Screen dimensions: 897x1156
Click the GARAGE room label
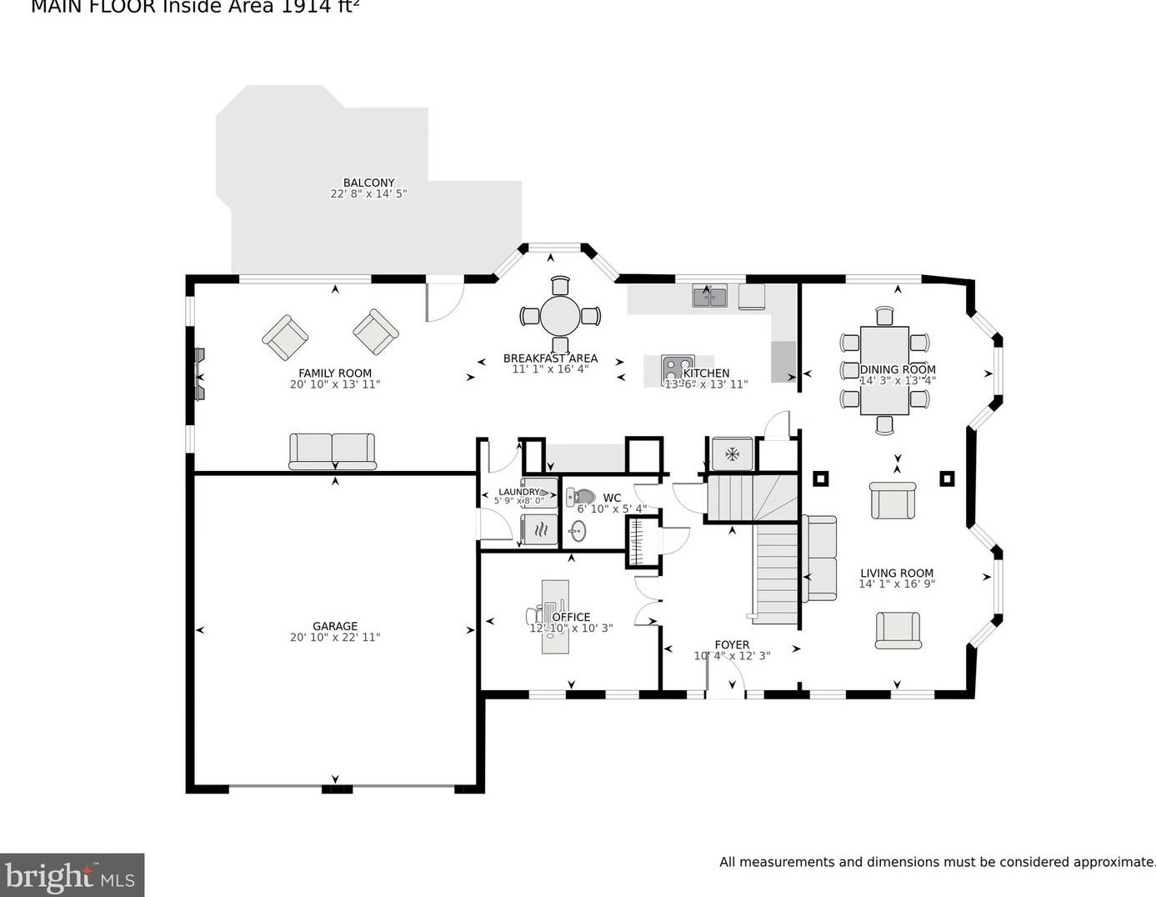335,626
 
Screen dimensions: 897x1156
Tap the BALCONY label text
368,183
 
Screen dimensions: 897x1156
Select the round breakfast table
560,316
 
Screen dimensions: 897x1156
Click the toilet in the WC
582,499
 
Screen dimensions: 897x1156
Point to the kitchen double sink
709,295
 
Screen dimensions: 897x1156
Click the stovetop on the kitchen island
676,368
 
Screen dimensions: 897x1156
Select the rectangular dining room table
884,370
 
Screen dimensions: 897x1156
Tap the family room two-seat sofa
332,450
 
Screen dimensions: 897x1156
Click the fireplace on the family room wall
198,374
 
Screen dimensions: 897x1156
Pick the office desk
555,616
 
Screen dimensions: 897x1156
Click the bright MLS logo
72,875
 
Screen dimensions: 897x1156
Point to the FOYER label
732,644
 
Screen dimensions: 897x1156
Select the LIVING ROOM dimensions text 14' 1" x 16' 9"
897,584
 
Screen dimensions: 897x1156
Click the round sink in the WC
577,530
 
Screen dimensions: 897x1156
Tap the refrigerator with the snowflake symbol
732,454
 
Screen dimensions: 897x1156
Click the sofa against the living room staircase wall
819,558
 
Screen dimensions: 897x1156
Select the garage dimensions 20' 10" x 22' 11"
335,638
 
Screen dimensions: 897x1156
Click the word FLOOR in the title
124,7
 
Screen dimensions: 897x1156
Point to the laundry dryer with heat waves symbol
539,529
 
